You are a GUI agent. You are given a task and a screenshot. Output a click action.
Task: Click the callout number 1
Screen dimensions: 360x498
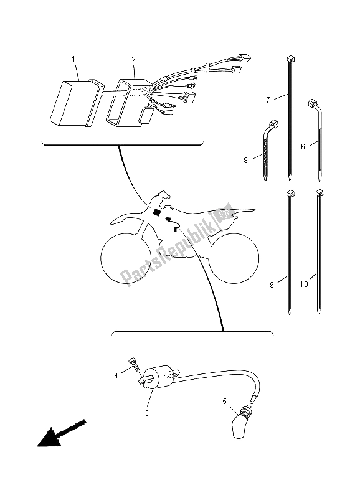pyautogui.click(x=73, y=59)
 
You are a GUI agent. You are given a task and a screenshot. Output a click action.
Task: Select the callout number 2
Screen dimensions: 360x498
pyautogui.click(x=134, y=59)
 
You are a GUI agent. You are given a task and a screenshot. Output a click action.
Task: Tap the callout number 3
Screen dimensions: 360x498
pyautogui.click(x=146, y=413)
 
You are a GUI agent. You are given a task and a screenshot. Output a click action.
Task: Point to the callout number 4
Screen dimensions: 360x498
pyautogui.click(x=116, y=376)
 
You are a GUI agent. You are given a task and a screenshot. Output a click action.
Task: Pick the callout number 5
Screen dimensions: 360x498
pyautogui.click(x=224, y=402)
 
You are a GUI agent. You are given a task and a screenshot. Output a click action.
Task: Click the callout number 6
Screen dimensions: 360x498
pyautogui.click(x=303, y=146)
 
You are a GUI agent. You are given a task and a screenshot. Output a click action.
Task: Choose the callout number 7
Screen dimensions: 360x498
pyautogui.click(x=268, y=100)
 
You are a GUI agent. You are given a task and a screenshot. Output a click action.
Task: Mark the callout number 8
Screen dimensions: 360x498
pyautogui.click(x=245, y=161)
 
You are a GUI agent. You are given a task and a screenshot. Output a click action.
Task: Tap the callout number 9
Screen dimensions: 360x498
pyautogui.click(x=272, y=285)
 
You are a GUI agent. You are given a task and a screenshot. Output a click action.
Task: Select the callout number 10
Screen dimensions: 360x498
pyautogui.click(x=304, y=284)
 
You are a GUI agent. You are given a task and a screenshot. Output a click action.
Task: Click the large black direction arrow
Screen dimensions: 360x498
pyautogui.click(x=60, y=433)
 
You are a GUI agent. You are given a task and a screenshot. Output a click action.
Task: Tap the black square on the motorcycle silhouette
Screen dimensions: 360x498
pyautogui.click(x=157, y=212)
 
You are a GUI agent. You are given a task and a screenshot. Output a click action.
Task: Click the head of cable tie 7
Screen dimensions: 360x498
pyautogui.click(x=289, y=59)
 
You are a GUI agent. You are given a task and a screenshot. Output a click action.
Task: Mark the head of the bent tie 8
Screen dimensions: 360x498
pyautogui.click(x=273, y=123)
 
